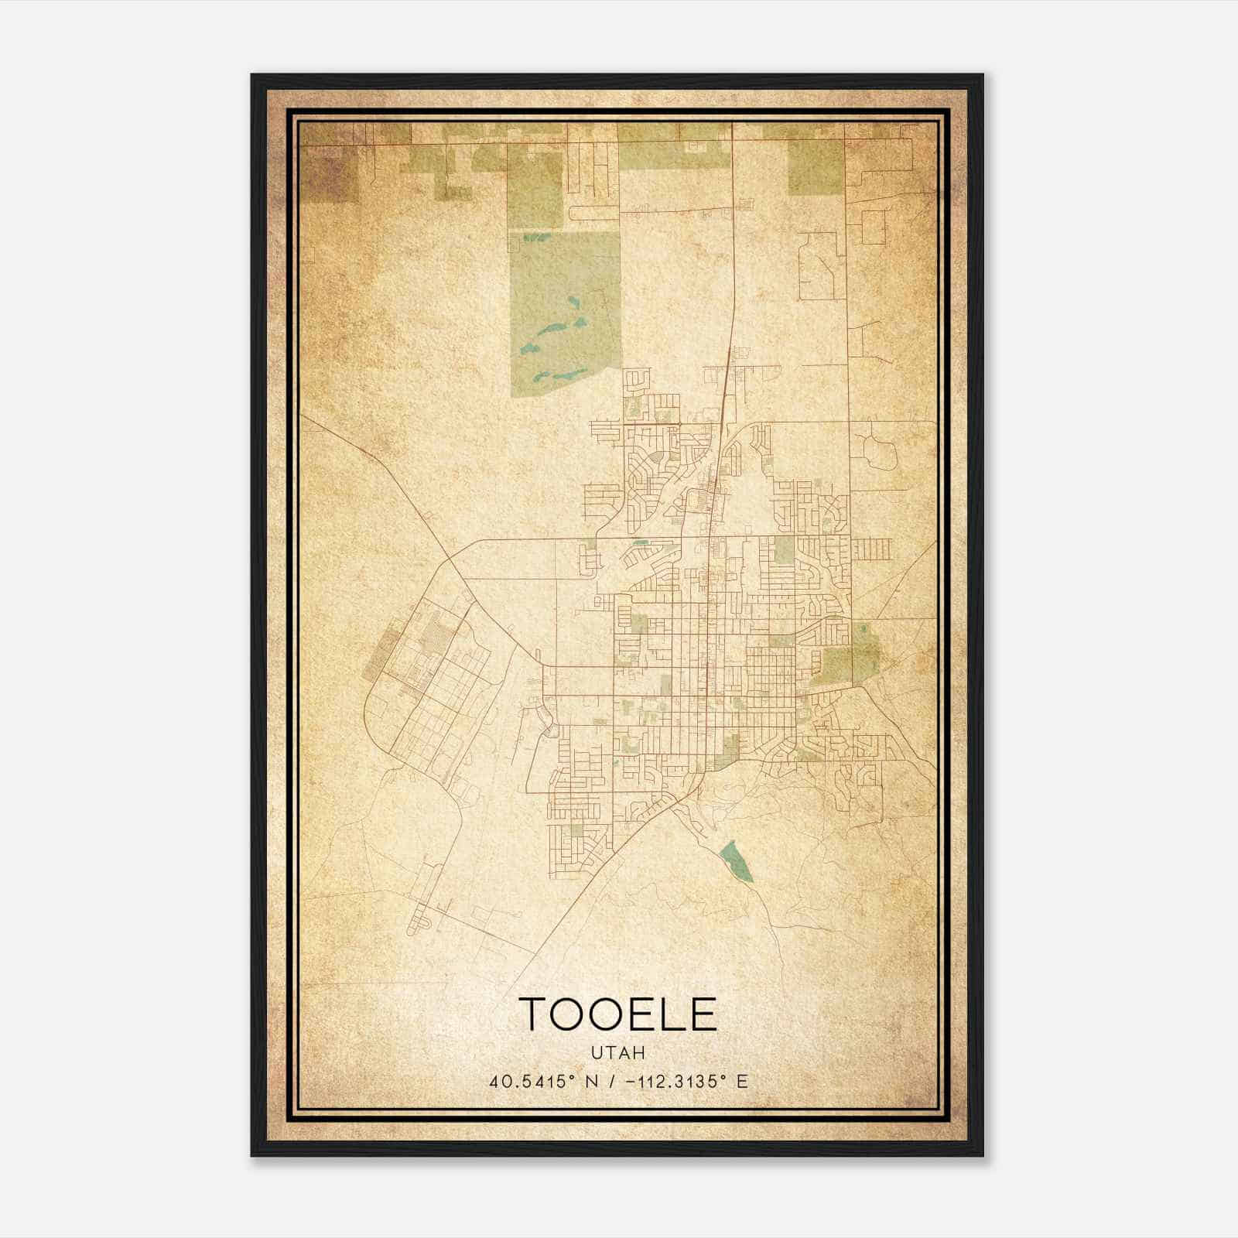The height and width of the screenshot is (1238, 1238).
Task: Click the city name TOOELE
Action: (x=617, y=1014)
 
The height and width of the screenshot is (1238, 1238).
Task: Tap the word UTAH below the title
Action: (x=617, y=1053)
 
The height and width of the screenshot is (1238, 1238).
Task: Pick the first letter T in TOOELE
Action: (x=535, y=1014)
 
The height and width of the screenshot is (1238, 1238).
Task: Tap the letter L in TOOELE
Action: (x=667, y=1014)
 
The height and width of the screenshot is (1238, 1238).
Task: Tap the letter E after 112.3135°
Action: (x=742, y=1082)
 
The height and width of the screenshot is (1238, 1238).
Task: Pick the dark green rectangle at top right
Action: (x=815, y=166)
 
